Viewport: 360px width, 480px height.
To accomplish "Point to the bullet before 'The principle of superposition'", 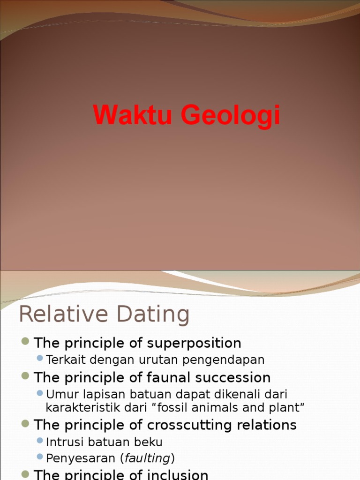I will tap(26, 342).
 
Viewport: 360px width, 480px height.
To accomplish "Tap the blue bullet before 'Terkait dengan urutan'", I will tap(40, 359).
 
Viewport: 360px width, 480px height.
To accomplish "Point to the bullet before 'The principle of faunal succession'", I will tap(26, 376).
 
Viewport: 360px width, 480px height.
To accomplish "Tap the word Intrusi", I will tap(61, 442).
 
